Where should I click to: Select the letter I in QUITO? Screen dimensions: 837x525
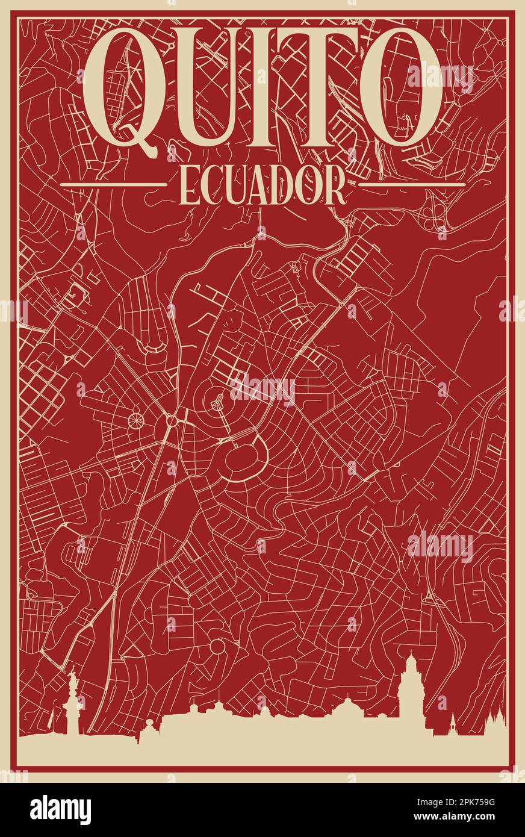(278, 84)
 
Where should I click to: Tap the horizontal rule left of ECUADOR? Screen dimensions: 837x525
(113, 184)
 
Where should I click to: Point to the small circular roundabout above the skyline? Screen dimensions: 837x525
(217, 647)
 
